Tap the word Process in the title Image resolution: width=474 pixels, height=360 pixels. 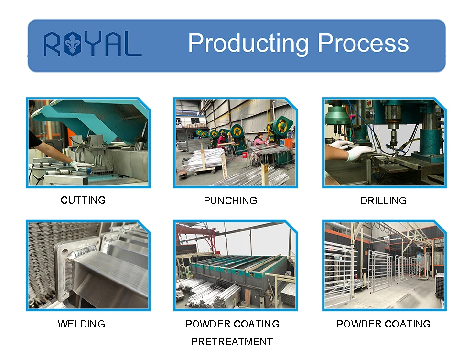click(x=363, y=43)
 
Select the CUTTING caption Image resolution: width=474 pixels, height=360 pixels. click(x=83, y=200)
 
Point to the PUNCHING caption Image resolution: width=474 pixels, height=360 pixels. click(x=230, y=201)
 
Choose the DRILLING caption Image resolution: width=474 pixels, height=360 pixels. click(x=383, y=201)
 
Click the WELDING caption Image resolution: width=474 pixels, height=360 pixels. click(x=81, y=324)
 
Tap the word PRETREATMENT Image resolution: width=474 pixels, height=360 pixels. click(x=232, y=342)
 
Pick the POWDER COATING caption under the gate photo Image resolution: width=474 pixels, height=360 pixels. click(x=383, y=324)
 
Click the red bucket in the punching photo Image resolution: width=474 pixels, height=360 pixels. click(x=244, y=155)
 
